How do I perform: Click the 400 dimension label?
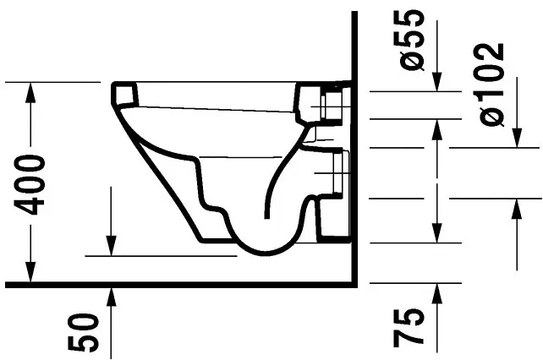click(30, 185)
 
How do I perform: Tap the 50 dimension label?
click(83, 332)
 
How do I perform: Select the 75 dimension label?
click(409, 327)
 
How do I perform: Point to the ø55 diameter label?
click(411, 41)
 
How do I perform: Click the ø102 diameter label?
click(491, 85)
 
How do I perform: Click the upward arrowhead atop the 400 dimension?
click(30, 92)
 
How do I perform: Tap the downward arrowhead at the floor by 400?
click(30, 272)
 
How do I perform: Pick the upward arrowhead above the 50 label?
click(111, 297)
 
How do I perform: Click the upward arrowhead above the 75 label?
click(437, 293)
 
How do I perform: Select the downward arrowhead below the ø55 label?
click(437, 82)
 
